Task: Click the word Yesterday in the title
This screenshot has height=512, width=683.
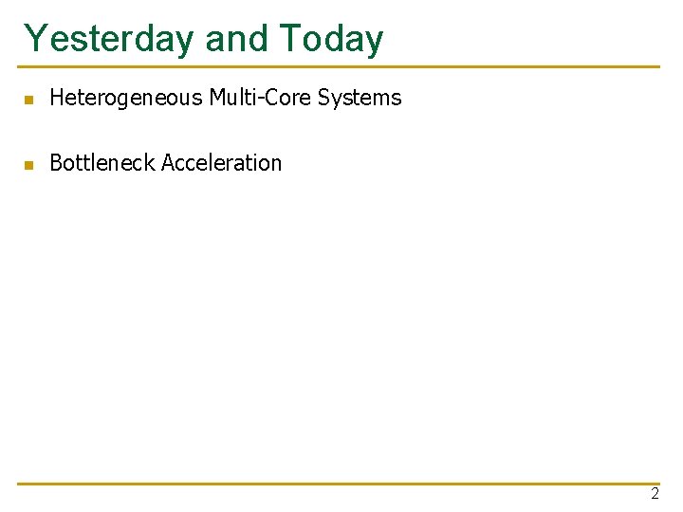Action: click(110, 39)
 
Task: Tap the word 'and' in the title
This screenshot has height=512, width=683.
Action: click(237, 39)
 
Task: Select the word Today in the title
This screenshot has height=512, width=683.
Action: click(331, 39)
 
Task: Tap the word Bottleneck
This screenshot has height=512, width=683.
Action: click(102, 163)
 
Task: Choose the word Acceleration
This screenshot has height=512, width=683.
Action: click(222, 163)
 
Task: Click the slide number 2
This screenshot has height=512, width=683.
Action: click(655, 494)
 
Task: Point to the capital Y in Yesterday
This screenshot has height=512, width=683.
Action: click(35, 39)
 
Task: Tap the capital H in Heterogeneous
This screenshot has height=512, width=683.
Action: click(56, 98)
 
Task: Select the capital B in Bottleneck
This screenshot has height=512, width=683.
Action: click(55, 163)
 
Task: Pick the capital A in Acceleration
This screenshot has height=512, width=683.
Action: click(168, 163)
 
